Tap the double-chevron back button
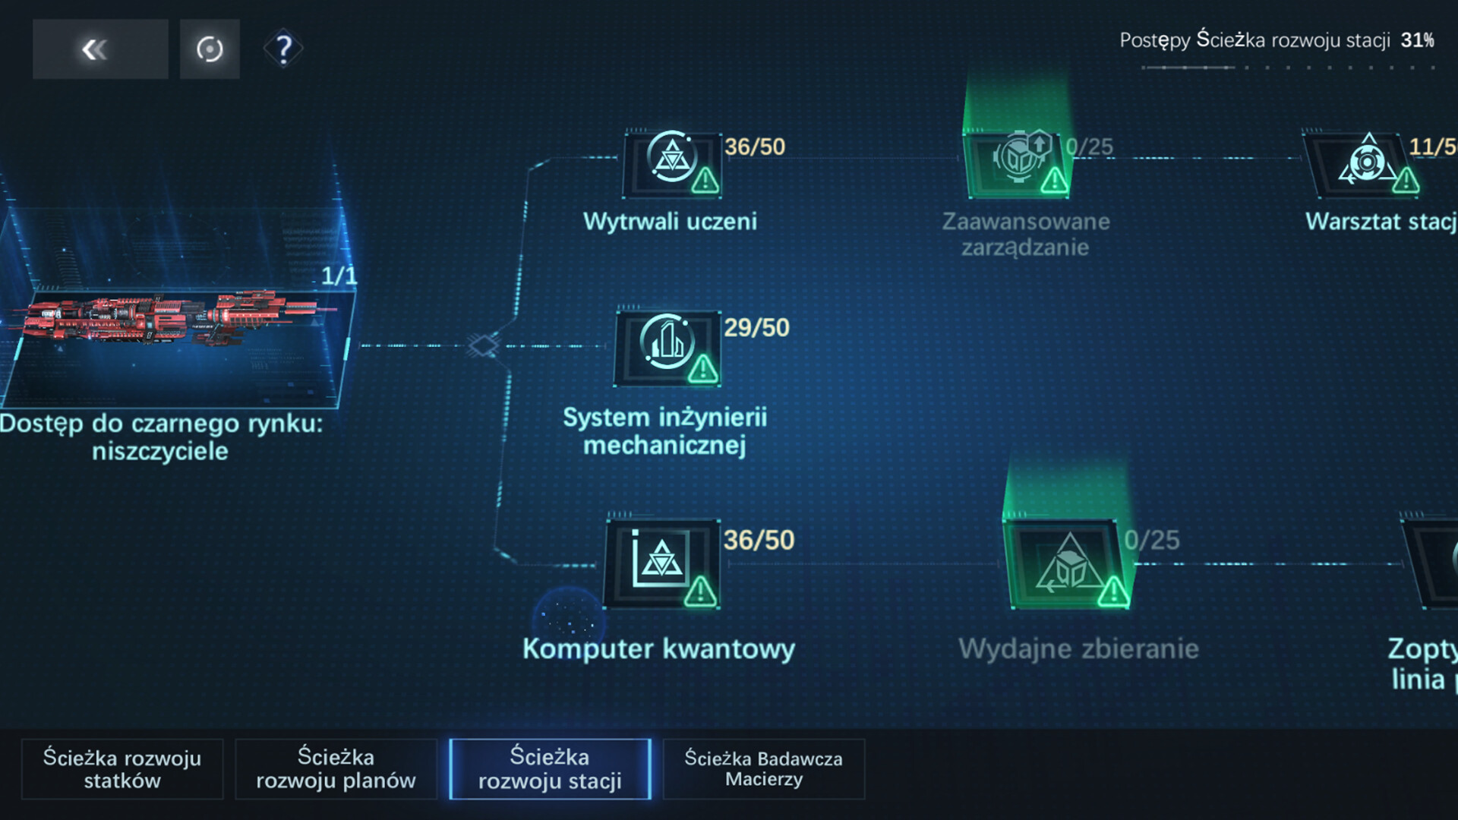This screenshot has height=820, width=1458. coord(99,49)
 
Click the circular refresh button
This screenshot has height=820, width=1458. coord(210,49)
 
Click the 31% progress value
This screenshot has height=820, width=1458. coord(1417,40)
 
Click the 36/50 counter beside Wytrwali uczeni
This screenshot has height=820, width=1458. coord(754,147)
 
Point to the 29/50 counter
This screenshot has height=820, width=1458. coord(756,328)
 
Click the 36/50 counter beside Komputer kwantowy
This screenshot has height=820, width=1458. coord(759,541)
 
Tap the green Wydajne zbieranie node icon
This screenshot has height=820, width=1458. coord(1066,563)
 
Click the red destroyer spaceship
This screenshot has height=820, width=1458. coord(167,319)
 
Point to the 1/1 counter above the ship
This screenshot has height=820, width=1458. coord(339,276)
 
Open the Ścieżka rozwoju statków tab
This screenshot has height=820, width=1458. coord(122,768)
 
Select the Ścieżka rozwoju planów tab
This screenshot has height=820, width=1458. coord(336,768)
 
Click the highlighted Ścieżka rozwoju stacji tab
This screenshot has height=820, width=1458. coord(550,768)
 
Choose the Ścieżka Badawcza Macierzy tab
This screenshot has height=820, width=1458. coord(763,768)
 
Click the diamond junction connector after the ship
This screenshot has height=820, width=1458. coord(483,345)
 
